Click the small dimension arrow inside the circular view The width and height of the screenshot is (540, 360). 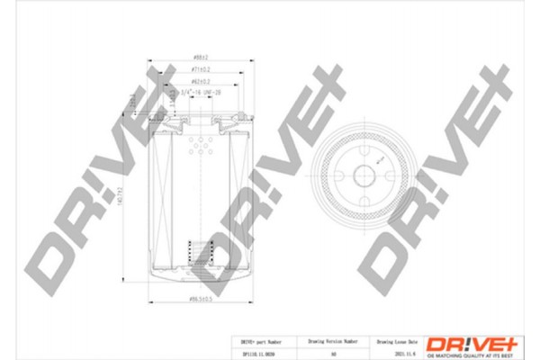380,161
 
